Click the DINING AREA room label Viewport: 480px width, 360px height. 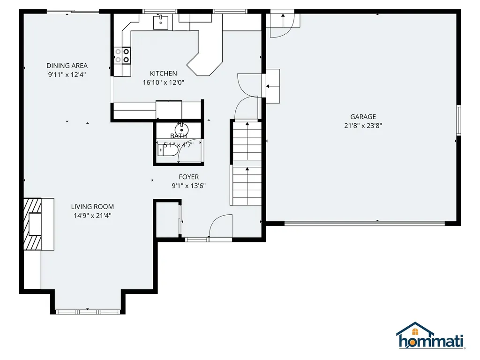click(67, 66)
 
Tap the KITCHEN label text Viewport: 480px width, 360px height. click(163, 73)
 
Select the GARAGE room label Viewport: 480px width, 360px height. click(363, 117)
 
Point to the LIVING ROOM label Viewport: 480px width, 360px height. click(92, 206)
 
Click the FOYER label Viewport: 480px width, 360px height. click(188, 177)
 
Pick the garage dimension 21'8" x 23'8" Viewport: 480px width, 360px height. click(363, 125)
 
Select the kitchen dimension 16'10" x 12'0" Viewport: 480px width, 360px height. click(163, 82)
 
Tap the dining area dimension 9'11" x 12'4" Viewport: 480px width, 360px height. click(67, 74)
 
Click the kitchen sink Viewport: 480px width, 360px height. click(161, 21)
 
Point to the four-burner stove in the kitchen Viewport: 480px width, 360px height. click(122, 56)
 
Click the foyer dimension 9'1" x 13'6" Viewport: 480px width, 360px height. click(188, 186)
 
